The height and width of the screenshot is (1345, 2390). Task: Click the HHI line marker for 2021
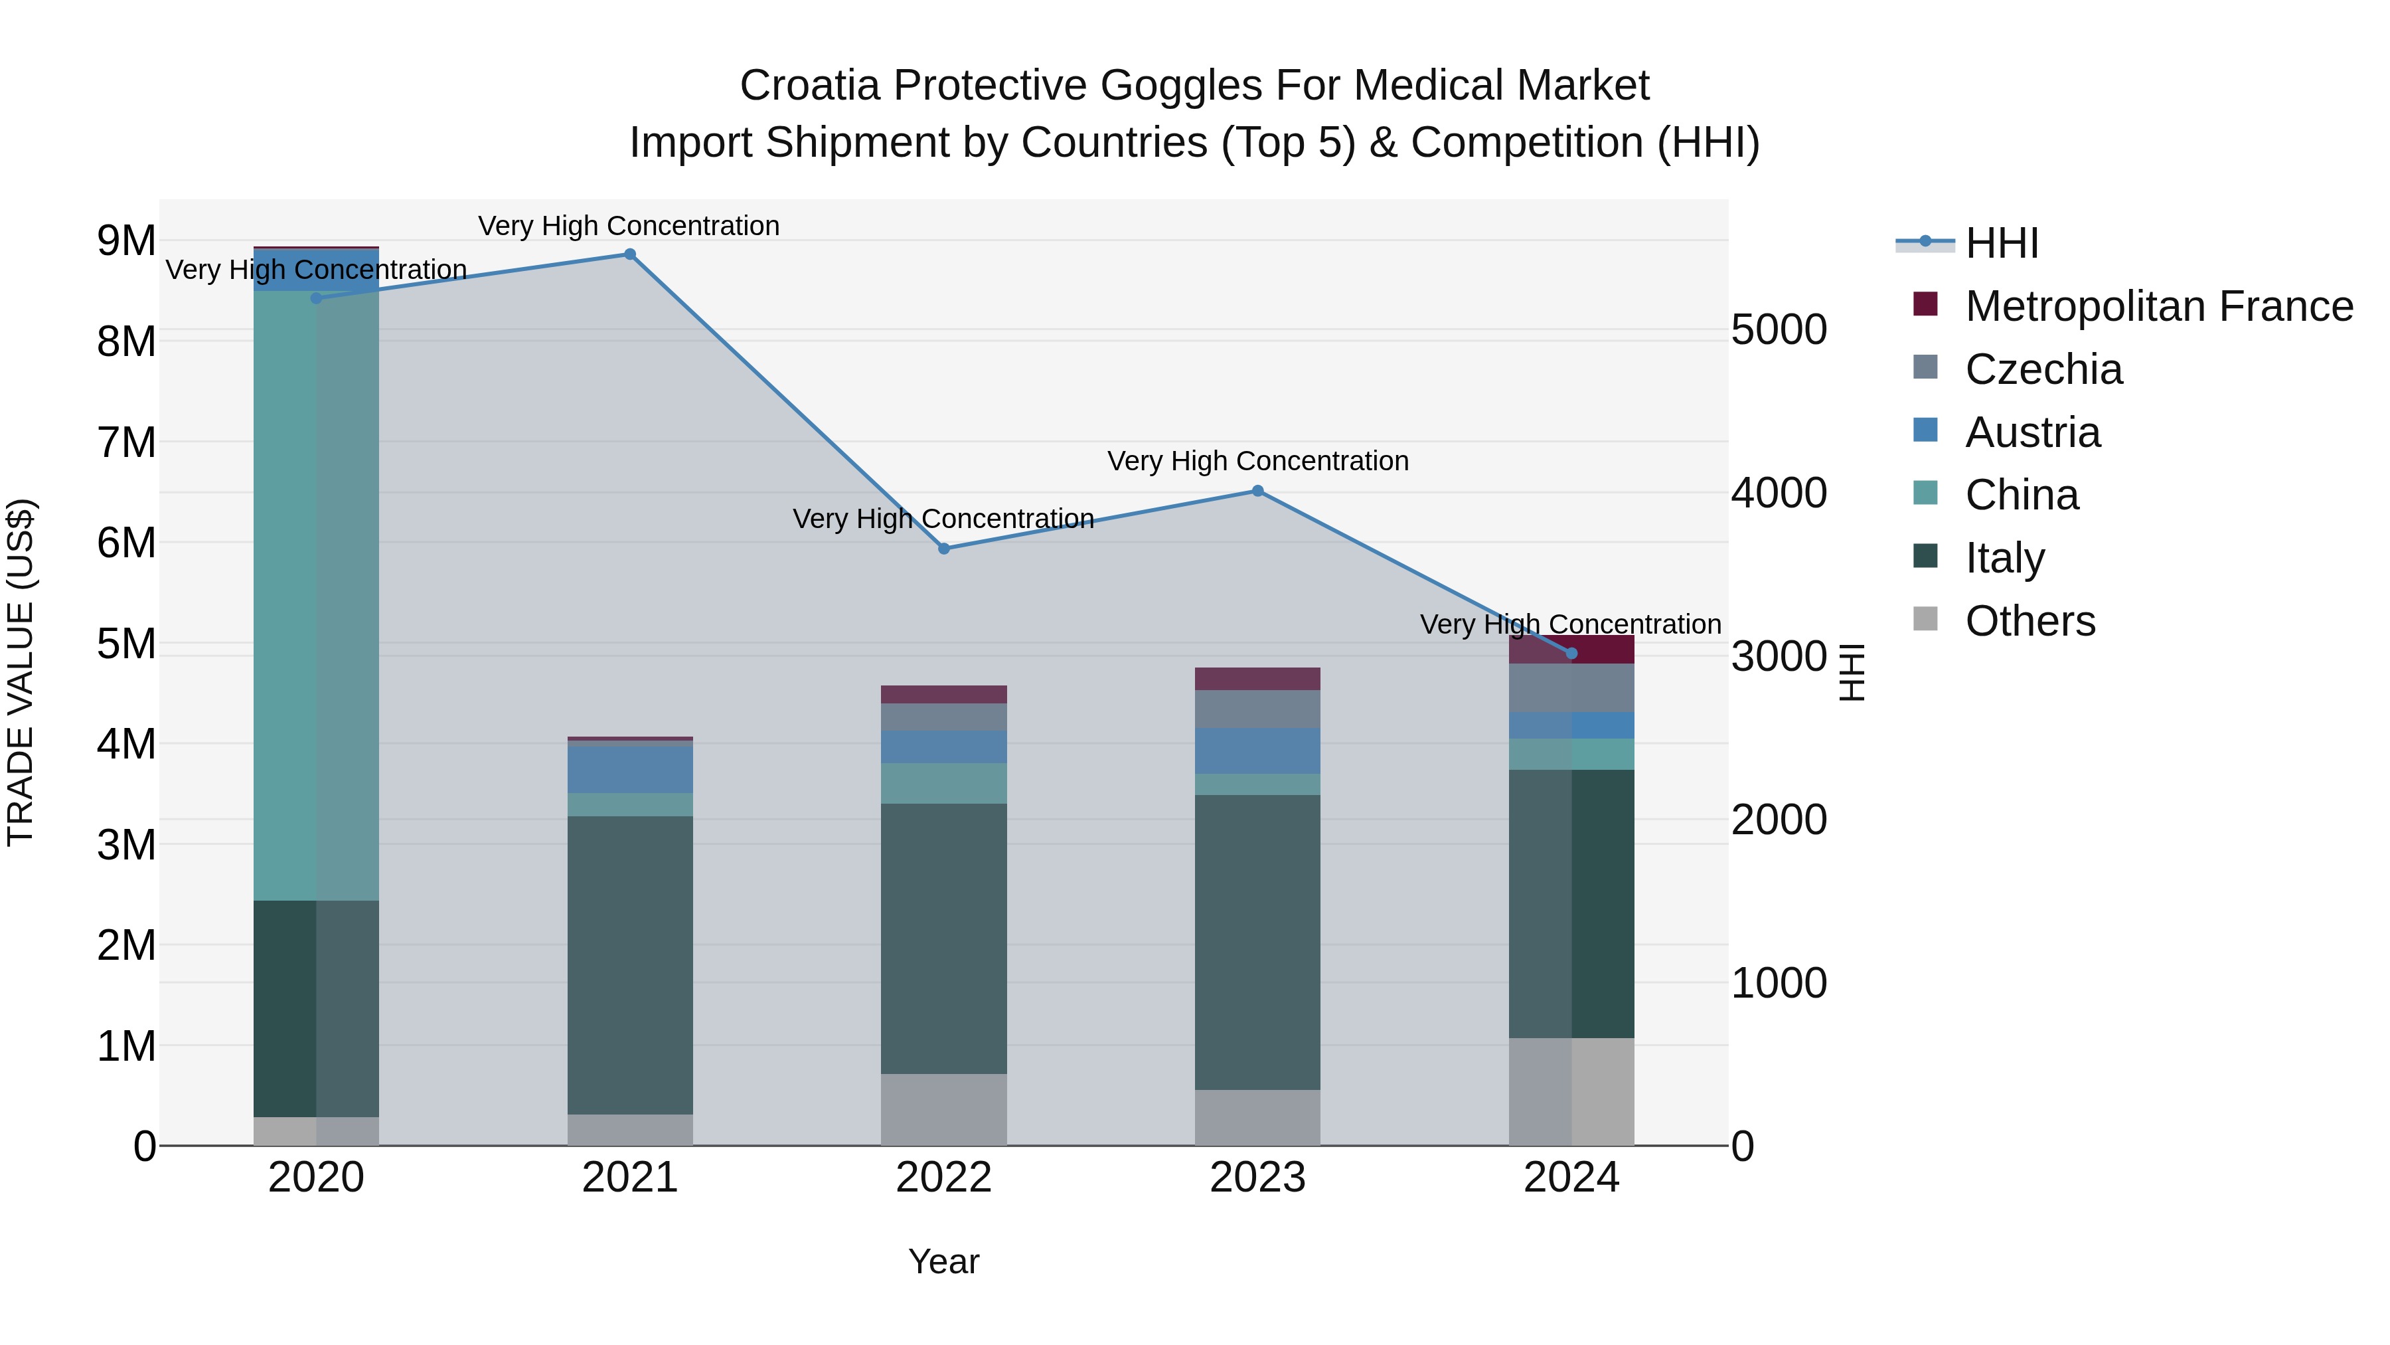630,254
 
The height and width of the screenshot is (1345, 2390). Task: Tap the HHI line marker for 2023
1257,491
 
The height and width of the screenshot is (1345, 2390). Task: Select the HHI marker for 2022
943,549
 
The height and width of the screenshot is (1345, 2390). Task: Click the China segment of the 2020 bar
317,594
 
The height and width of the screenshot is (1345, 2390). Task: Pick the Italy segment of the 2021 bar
630,965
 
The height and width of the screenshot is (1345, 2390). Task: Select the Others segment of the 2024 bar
1571,1091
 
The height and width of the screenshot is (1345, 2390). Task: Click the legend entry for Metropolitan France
2158,306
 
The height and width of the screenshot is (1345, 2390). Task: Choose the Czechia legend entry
2043,369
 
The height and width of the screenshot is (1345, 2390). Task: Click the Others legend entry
2030,621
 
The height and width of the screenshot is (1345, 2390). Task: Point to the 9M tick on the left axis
126,241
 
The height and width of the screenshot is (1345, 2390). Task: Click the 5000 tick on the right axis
1779,331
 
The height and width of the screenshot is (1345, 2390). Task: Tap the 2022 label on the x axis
943,1178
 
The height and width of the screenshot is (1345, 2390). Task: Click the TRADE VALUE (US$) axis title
21,673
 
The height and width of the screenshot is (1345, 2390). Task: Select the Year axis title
943,1261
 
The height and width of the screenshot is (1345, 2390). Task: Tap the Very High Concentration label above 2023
1257,462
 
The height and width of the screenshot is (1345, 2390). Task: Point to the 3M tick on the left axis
126,845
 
